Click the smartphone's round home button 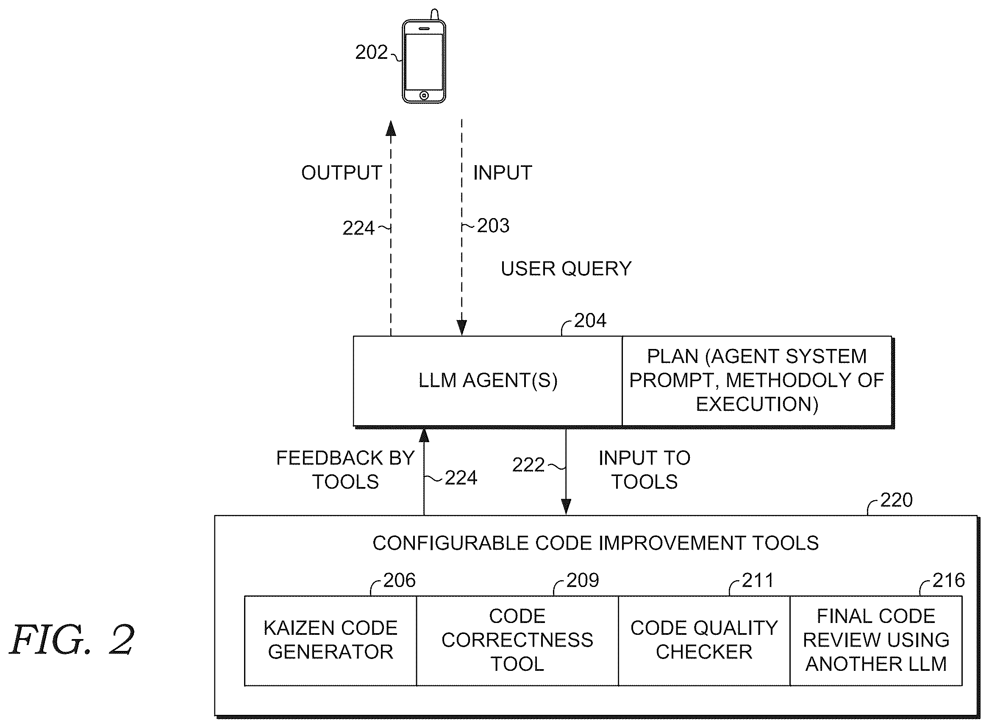[424, 95]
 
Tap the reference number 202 [371, 53]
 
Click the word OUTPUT [341, 173]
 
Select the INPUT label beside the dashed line [503, 173]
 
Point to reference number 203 [493, 226]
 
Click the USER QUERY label [566, 269]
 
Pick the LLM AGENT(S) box [488, 381]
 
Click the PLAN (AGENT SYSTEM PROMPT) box [757, 381]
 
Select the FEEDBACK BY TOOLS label [345, 470]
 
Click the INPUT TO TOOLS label [645, 470]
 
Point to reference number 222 [528, 465]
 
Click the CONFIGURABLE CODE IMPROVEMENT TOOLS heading [596, 543]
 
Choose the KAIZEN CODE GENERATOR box [330, 640]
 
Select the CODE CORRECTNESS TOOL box [517, 640]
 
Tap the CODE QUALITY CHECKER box [704, 640]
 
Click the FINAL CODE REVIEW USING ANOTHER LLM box [876, 640]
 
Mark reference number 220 [896, 500]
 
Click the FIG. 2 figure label [72, 639]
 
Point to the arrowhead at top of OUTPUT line [391, 128]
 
